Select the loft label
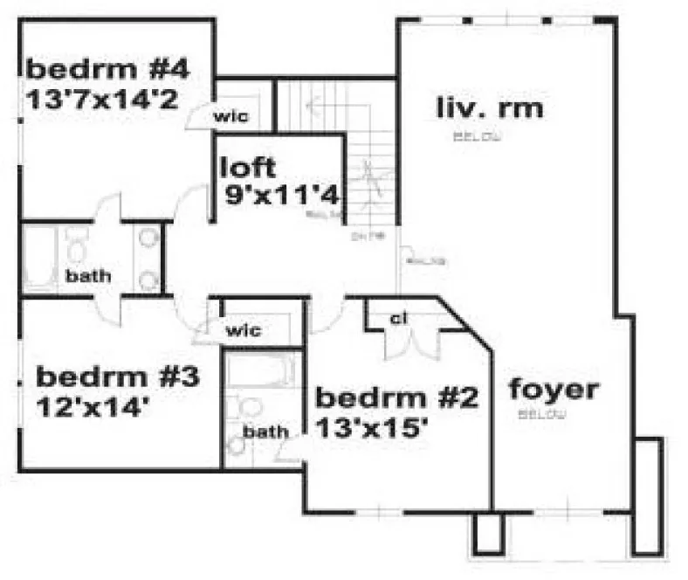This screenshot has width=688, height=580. (x=249, y=166)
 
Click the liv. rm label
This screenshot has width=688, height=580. (x=489, y=108)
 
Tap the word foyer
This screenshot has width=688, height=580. (x=554, y=389)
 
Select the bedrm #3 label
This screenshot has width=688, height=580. (x=118, y=377)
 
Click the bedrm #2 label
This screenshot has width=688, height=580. (x=396, y=400)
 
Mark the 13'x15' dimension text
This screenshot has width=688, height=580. (x=371, y=429)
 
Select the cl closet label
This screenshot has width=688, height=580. (x=399, y=319)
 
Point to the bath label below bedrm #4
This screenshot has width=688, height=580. (x=88, y=276)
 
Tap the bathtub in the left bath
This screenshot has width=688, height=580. (x=39, y=258)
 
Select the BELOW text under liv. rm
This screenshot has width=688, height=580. (x=477, y=135)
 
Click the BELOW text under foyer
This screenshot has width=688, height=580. (x=542, y=413)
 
